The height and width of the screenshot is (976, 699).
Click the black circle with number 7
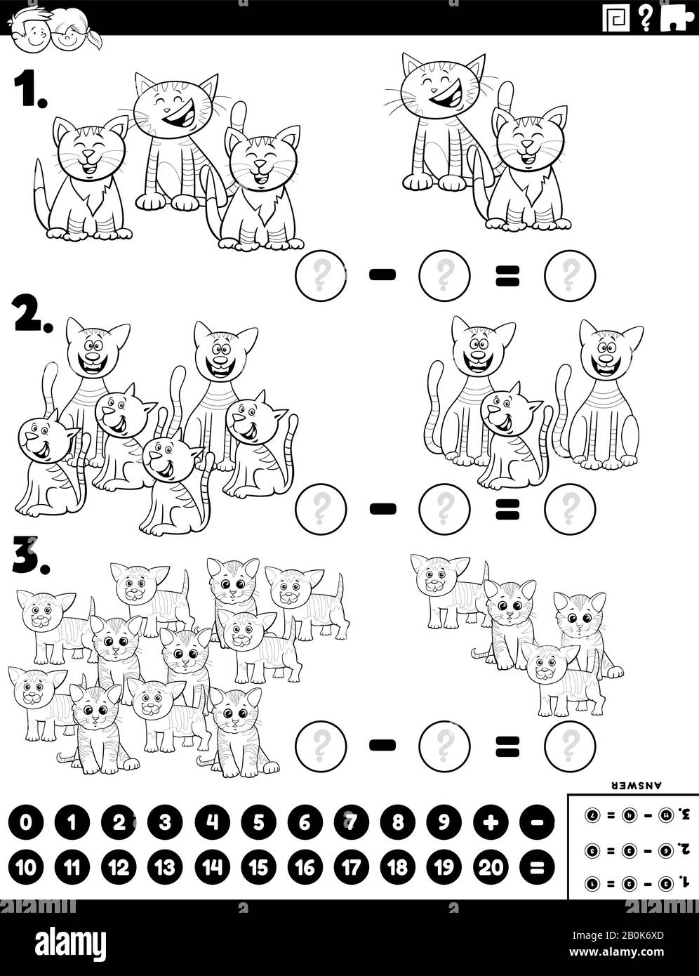351,822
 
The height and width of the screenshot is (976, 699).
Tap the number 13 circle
166,868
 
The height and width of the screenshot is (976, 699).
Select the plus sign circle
491,822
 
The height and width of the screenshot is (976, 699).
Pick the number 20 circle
491,868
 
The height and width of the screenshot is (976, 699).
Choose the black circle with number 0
26,822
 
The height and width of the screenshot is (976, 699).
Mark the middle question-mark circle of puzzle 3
444,744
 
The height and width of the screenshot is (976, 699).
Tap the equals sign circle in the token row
538,868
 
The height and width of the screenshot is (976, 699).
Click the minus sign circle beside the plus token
538,822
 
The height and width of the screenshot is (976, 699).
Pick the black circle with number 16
305,868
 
